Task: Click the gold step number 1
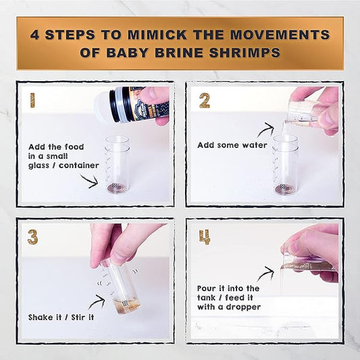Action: [x=31, y=101]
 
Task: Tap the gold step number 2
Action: [x=203, y=101]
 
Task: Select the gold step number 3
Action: [x=32, y=237]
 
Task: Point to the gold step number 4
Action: [x=205, y=237]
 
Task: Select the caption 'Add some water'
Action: [x=232, y=145]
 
